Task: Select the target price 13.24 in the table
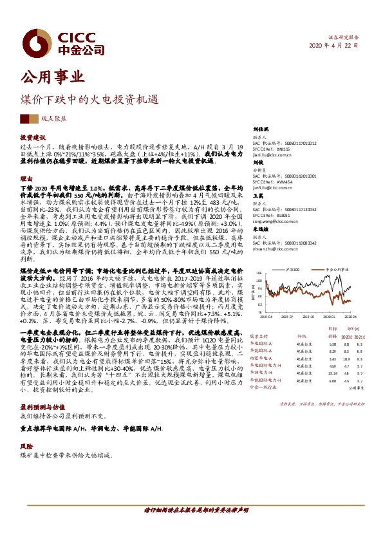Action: tap(333, 373)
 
